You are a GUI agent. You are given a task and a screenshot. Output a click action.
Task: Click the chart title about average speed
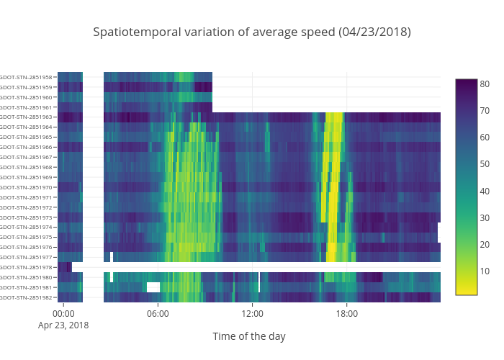pos(252,32)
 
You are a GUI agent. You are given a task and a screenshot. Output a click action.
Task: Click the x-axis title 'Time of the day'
pos(248,336)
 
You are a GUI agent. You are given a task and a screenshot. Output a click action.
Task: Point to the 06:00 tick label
pos(158,313)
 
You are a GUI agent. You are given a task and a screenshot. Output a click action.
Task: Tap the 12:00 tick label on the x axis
pos(253,313)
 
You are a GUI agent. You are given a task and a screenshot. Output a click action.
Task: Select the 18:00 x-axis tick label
pos(347,313)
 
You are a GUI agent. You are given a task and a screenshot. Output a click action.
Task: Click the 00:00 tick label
pos(63,313)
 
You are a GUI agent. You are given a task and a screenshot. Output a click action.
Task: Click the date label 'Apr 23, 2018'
pos(63,325)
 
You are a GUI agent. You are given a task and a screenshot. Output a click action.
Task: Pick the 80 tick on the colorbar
pos(485,84)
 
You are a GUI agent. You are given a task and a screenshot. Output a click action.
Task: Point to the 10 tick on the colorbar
pos(485,271)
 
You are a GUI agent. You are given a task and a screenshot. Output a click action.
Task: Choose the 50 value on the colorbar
pos(485,164)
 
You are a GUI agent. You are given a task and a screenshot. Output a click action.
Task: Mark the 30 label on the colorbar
pos(485,217)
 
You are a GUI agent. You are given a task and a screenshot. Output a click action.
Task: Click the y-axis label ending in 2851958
pos(27,77)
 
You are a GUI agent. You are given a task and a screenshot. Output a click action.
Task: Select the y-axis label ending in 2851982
pos(27,297)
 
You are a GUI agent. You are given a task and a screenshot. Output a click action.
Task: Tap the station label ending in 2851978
pos(27,267)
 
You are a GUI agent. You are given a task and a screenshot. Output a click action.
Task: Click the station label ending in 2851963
pos(27,117)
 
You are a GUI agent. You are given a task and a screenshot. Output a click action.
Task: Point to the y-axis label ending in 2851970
pos(27,187)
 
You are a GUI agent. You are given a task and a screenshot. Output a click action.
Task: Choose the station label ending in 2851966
pos(27,147)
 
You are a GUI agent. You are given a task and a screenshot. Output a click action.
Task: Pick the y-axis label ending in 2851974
pos(27,227)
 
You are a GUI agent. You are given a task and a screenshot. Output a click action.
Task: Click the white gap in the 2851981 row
pos(153,287)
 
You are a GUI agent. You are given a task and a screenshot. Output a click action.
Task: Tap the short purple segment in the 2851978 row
pos(65,267)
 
